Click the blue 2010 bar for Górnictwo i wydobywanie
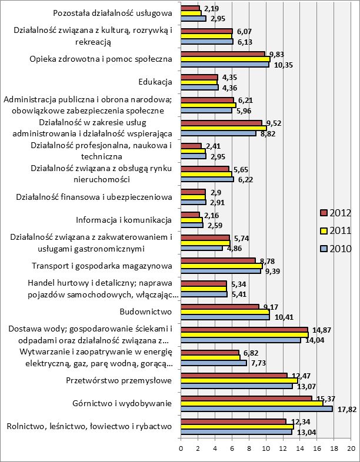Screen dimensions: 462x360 point(256,409)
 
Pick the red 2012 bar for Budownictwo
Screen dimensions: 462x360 point(219,306)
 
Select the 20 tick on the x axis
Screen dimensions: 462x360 point(351,448)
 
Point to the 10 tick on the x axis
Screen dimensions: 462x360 point(266,448)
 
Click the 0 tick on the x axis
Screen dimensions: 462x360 point(181,448)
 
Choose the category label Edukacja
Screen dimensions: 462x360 point(155,82)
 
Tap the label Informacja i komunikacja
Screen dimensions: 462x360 point(124,220)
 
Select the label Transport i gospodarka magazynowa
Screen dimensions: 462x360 point(106,266)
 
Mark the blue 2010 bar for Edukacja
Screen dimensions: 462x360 point(199,88)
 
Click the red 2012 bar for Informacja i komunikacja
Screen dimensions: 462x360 point(190,215)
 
